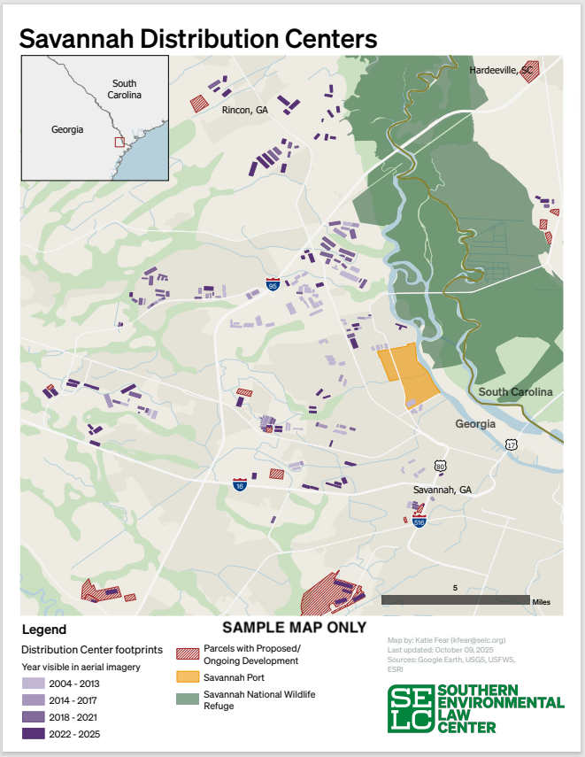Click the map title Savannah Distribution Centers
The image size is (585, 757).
(x=198, y=38)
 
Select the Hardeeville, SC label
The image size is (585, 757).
(x=501, y=69)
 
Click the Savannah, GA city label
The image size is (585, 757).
(x=442, y=490)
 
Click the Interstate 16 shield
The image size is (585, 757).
(x=240, y=484)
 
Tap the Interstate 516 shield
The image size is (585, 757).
(x=420, y=521)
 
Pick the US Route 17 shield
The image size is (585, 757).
(x=511, y=444)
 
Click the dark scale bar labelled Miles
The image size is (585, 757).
(x=455, y=600)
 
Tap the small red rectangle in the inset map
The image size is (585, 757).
(x=119, y=141)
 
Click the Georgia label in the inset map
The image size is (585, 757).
(x=67, y=129)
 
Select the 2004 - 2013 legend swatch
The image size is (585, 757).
(x=34, y=684)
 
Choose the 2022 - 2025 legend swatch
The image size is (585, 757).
(x=34, y=733)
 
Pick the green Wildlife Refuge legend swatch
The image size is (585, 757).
(x=188, y=699)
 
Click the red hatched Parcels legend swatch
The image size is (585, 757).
(x=188, y=654)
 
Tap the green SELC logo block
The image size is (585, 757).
(x=411, y=709)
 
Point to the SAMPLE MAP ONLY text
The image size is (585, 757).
(x=294, y=627)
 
